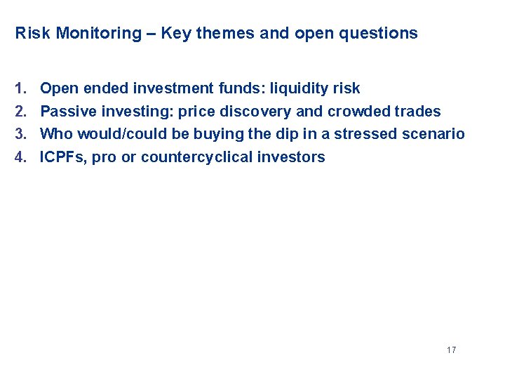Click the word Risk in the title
(x=29, y=33)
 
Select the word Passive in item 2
(x=67, y=111)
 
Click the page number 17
(x=451, y=350)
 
